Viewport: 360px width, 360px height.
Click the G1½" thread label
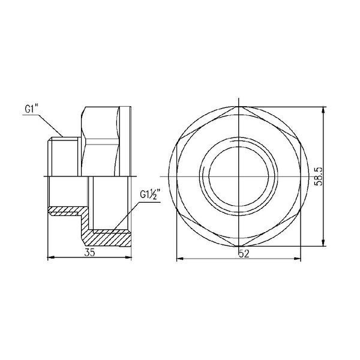(150, 194)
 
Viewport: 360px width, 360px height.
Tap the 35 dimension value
(89, 253)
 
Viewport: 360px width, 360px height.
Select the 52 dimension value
(244, 254)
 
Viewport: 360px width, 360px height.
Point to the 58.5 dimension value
(319, 176)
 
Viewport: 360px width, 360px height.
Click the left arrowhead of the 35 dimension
(50, 257)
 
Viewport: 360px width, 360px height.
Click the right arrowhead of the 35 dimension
(128, 257)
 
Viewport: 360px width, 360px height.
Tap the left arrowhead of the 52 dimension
(180, 259)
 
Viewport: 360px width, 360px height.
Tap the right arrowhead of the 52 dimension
(298, 259)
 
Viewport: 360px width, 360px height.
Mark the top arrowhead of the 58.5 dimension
(323, 110)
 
